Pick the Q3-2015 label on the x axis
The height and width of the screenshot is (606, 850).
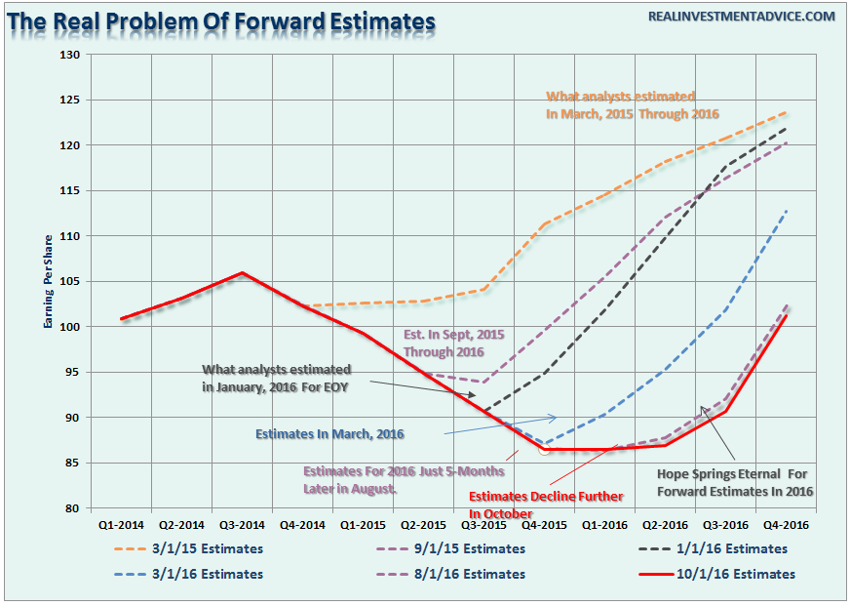click(x=483, y=523)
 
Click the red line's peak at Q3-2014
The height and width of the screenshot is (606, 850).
click(x=242, y=273)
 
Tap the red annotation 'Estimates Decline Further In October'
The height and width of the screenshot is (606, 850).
click(x=545, y=505)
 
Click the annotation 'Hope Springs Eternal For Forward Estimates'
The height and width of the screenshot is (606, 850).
click(x=737, y=482)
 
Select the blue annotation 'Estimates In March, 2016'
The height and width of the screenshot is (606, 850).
click(x=328, y=433)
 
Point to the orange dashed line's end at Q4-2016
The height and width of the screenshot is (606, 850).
click(x=786, y=112)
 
